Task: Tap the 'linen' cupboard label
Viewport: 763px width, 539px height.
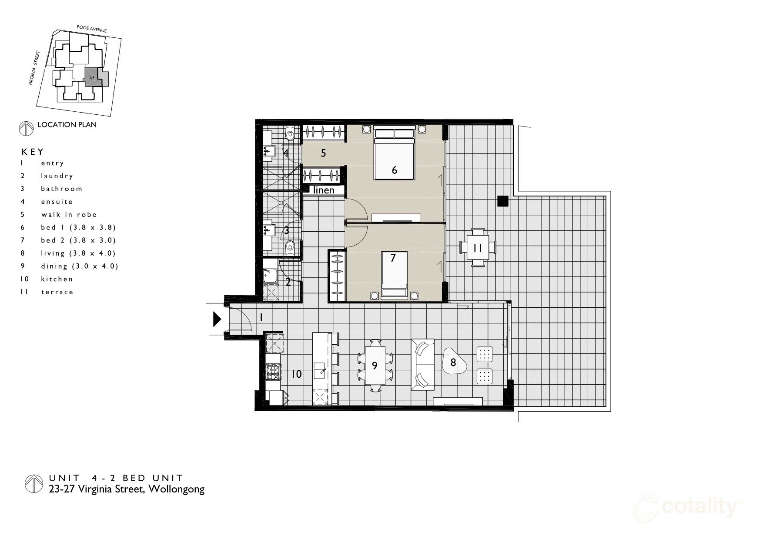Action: (x=324, y=190)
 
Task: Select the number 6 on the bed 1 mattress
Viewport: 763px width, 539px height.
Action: (x=394, y=170)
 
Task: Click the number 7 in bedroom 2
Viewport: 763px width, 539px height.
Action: (x=393, y=258)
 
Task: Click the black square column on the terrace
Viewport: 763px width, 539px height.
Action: (x=503, y=201)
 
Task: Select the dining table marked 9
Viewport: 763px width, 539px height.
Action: (x=375, y=366)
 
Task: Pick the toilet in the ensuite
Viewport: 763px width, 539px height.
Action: (x=290, y=134)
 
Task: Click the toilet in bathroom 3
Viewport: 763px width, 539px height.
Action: (x=290, y=249)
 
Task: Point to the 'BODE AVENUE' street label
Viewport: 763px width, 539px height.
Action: (x=91, y=29)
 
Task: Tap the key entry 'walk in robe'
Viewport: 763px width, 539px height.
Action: (x=69, y=214)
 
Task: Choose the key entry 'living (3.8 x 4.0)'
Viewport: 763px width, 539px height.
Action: (x=78, y=253)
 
